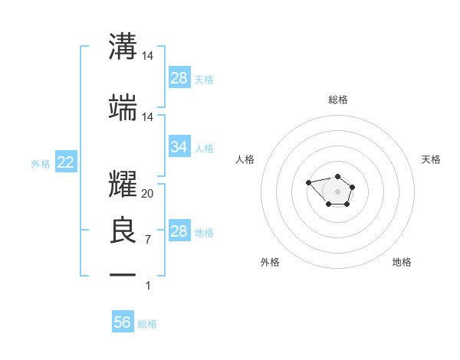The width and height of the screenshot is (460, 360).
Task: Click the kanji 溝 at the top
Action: click(123, 47)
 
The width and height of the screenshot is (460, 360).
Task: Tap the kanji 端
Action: click(123, 109)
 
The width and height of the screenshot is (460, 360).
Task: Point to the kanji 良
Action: click(123, 231)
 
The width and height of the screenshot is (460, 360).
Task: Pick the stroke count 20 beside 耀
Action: click(147, 194)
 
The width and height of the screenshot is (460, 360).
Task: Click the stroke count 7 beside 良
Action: click(147, 240)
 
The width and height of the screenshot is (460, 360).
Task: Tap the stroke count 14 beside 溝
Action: click(147, 56)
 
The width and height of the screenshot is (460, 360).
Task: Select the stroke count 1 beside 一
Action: click(147, 286)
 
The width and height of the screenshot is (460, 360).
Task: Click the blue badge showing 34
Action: click(179, 146)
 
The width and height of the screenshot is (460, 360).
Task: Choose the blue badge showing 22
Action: click(65, 162)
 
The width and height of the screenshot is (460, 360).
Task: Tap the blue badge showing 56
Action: click(123, 322)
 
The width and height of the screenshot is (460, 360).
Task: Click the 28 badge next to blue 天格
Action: click(179, 77)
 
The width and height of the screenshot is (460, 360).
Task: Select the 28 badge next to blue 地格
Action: click(179, 231)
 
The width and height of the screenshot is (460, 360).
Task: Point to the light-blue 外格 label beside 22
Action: click(41, 163)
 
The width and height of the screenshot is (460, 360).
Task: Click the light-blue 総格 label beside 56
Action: click(147, 324)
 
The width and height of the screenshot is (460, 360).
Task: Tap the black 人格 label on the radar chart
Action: click(245, 159)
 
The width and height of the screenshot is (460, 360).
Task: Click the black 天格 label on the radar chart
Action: click(431, 159)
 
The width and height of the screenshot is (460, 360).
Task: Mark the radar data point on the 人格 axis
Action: click(308, 182)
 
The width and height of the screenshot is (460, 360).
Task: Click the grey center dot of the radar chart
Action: click(337, 191)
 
